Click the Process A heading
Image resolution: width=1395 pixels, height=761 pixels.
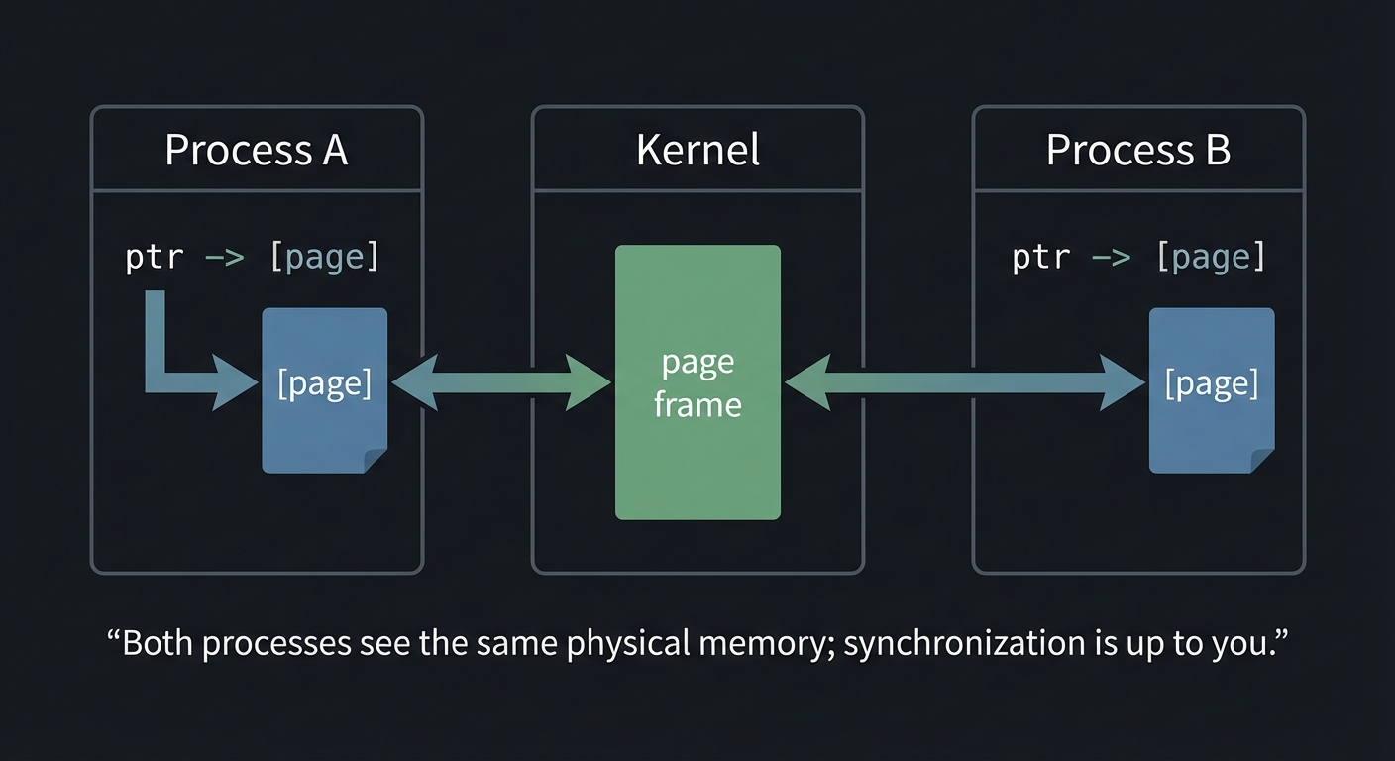256,150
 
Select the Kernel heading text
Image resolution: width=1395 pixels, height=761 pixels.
697,150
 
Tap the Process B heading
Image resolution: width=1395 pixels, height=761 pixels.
1138,150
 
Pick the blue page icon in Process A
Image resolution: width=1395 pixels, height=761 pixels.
324,416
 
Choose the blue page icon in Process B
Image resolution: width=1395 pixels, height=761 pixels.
1211,416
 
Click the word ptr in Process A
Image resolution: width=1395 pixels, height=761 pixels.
155,258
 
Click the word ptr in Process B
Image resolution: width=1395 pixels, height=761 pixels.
1041,258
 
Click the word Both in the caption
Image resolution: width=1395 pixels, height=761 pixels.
159,643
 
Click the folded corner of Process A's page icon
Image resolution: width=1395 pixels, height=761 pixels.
376,461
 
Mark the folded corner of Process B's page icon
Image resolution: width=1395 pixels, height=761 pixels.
1262,461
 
